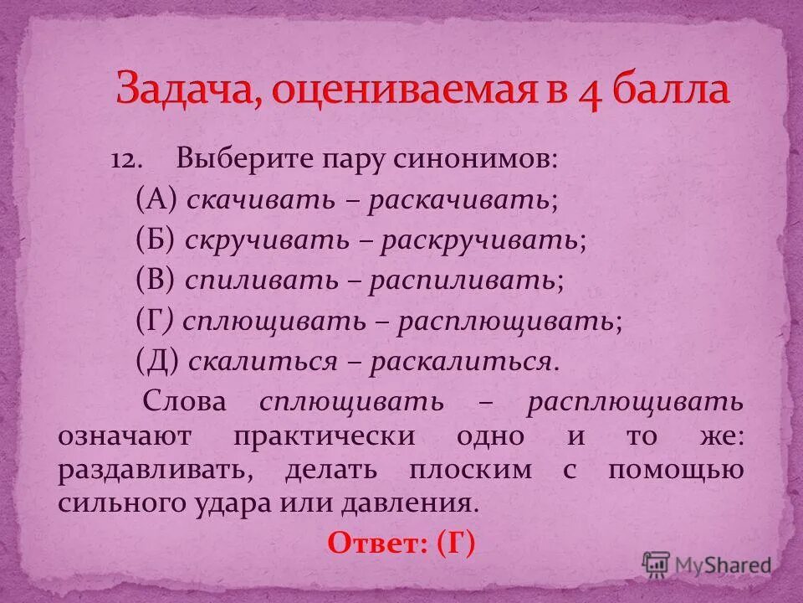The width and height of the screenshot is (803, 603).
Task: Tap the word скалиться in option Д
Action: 263,362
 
